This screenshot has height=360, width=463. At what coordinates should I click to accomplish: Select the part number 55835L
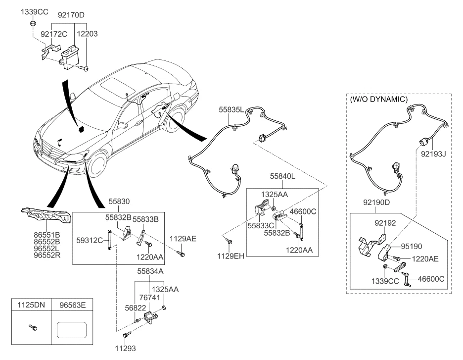[x=232, y=111]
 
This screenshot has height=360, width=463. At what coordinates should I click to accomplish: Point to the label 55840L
[x=282, y=176]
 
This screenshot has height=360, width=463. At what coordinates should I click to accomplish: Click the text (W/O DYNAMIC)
[x=379, y=99]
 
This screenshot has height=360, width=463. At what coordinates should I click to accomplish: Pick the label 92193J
[x=433, y=154]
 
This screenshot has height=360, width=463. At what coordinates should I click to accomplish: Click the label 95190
[x=412, y=246]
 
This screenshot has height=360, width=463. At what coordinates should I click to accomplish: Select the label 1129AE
[x=183, y=238]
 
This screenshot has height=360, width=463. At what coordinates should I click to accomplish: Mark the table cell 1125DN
[x=31, y=306]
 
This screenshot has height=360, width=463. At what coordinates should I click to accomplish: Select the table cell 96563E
[x=72, y=306]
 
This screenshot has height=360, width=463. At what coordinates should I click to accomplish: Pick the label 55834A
[x=150, y=272]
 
